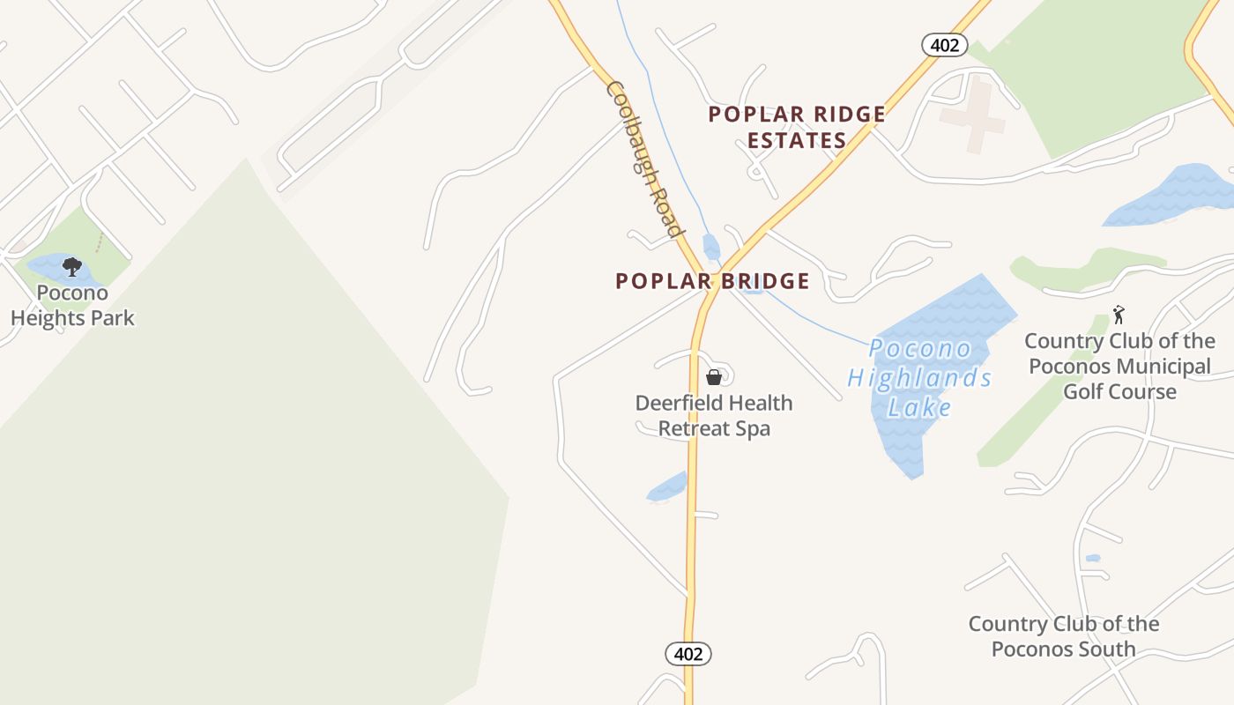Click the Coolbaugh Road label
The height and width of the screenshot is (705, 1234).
(x=645, y=160)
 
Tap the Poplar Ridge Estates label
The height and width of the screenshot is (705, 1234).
(x=797, y=127)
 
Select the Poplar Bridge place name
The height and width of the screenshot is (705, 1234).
(x=712, y=281)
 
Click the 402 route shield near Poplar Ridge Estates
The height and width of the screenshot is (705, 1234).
(x=944, y=45)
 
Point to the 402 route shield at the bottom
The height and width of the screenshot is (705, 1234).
(x=688, y=654)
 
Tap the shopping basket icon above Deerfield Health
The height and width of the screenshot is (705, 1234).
(x=714, y=377)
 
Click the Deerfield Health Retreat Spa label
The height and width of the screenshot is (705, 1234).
(x=714, y=416)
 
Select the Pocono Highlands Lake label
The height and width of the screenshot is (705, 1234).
(x=919, y=378)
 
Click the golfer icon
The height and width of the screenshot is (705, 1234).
(x=1119, y=315)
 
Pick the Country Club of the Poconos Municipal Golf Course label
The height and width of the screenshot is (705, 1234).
(x=1119, y=367)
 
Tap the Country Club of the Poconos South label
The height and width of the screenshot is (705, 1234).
(x=1064, y=636)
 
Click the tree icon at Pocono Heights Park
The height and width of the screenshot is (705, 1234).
(x=72, y=266)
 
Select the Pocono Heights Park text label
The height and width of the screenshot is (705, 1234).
(x=72, y=305)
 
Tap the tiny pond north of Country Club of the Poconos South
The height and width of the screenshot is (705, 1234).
(x=1093, y=558)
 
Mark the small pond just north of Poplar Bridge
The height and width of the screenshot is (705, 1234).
(x=710, y=246)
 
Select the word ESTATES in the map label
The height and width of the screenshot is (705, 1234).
(x=797, y=140)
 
